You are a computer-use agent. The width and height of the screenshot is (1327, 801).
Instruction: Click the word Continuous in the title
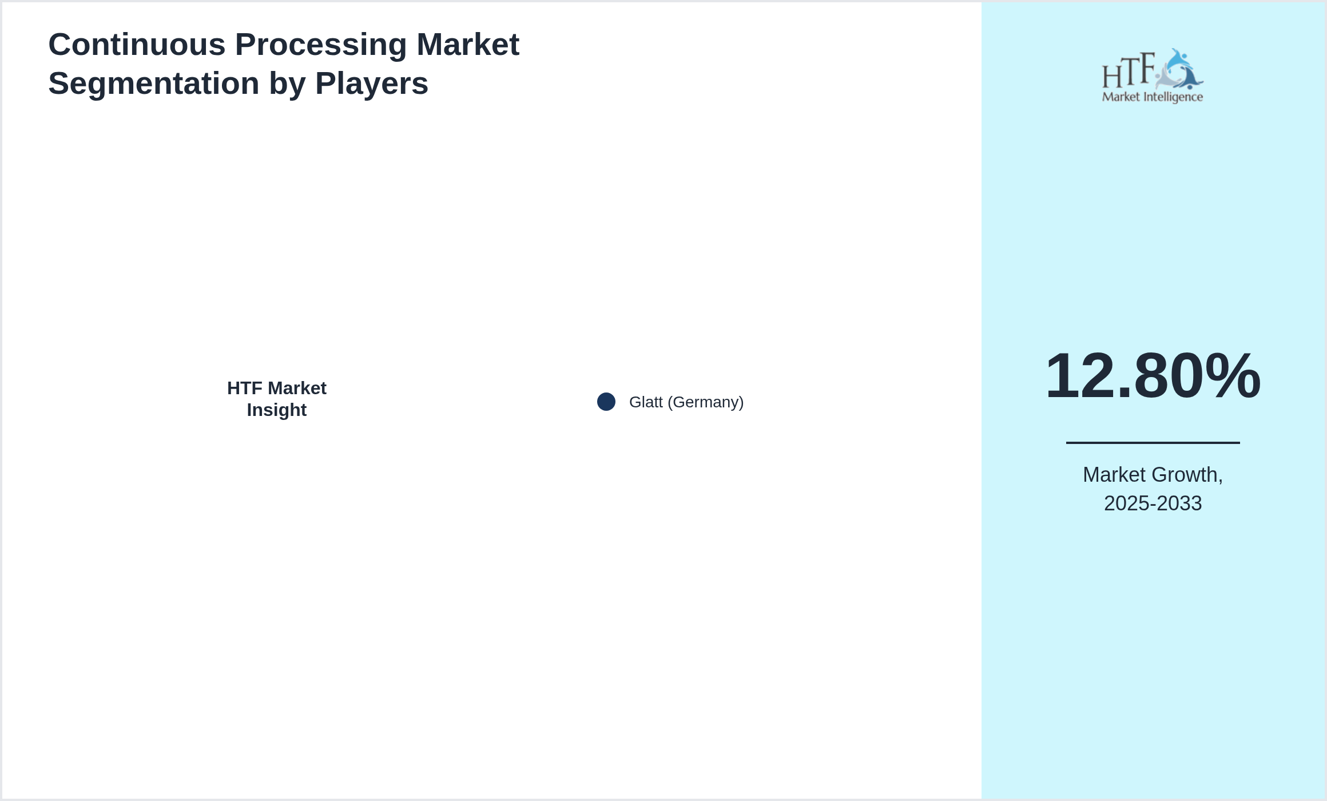point(137,45)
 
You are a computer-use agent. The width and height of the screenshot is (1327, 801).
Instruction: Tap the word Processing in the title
point(321,45)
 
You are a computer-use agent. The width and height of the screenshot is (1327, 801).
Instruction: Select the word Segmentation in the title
point(153,84)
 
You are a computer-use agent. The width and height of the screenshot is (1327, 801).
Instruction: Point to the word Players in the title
point(371,84)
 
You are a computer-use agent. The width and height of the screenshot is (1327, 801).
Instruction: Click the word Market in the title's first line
point(467,45)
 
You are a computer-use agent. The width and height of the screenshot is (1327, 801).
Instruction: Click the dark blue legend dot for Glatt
point(606,402)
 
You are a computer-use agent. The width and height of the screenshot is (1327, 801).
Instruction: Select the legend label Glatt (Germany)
point(686,402)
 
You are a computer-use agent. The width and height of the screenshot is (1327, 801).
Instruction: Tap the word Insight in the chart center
point(277,410)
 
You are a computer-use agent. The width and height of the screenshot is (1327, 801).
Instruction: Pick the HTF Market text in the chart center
point(277,388)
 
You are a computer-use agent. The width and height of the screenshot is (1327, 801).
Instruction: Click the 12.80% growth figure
point(1153,376)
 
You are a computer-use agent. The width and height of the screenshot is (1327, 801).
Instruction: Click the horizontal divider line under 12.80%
point(1153,442)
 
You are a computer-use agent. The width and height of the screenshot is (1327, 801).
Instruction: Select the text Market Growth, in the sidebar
point(1153,475)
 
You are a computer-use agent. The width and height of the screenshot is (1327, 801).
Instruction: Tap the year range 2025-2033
point(1153,503)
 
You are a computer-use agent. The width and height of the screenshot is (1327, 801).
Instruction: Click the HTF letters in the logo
point(1129,72)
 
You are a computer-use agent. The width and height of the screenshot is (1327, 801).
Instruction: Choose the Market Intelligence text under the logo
point(1153,97)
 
